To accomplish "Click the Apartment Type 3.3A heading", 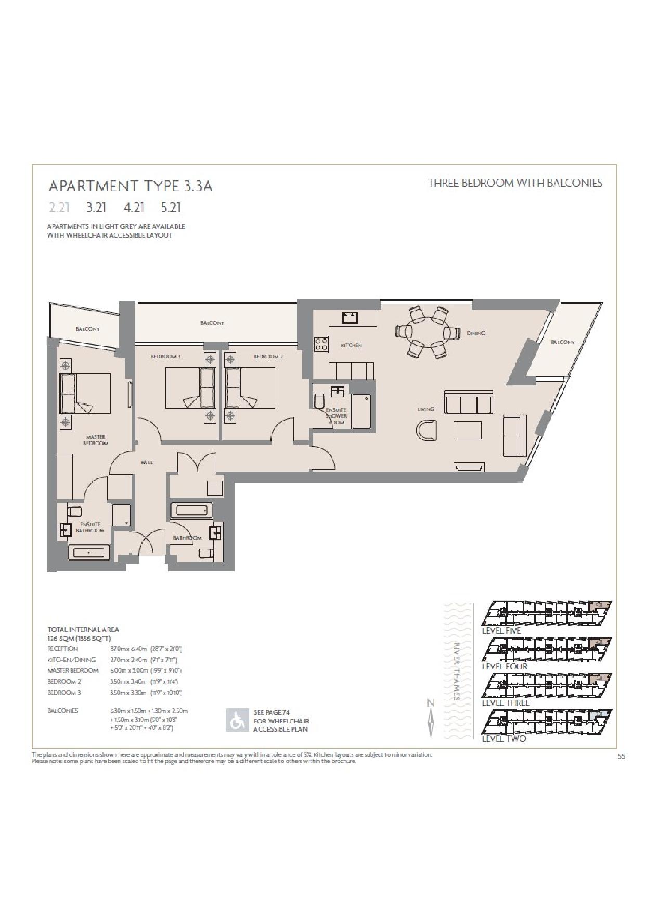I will [x=130, y=186].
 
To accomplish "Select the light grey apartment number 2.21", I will [x=59, y=207].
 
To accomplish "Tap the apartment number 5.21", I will [x=171, y=207].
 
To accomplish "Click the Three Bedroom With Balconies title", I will [x=515, y=183].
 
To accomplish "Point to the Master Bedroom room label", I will [x=95, y=440].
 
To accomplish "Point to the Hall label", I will [x=147, y=462].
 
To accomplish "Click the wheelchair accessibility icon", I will [x=237, y=721].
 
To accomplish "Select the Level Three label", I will [x=506, y=703].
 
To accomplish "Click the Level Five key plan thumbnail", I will [x=546, y=614].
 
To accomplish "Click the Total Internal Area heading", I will [x=83, y=630].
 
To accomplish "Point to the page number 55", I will [x=621, y=757].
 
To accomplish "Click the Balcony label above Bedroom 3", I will [x=212, y=323].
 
